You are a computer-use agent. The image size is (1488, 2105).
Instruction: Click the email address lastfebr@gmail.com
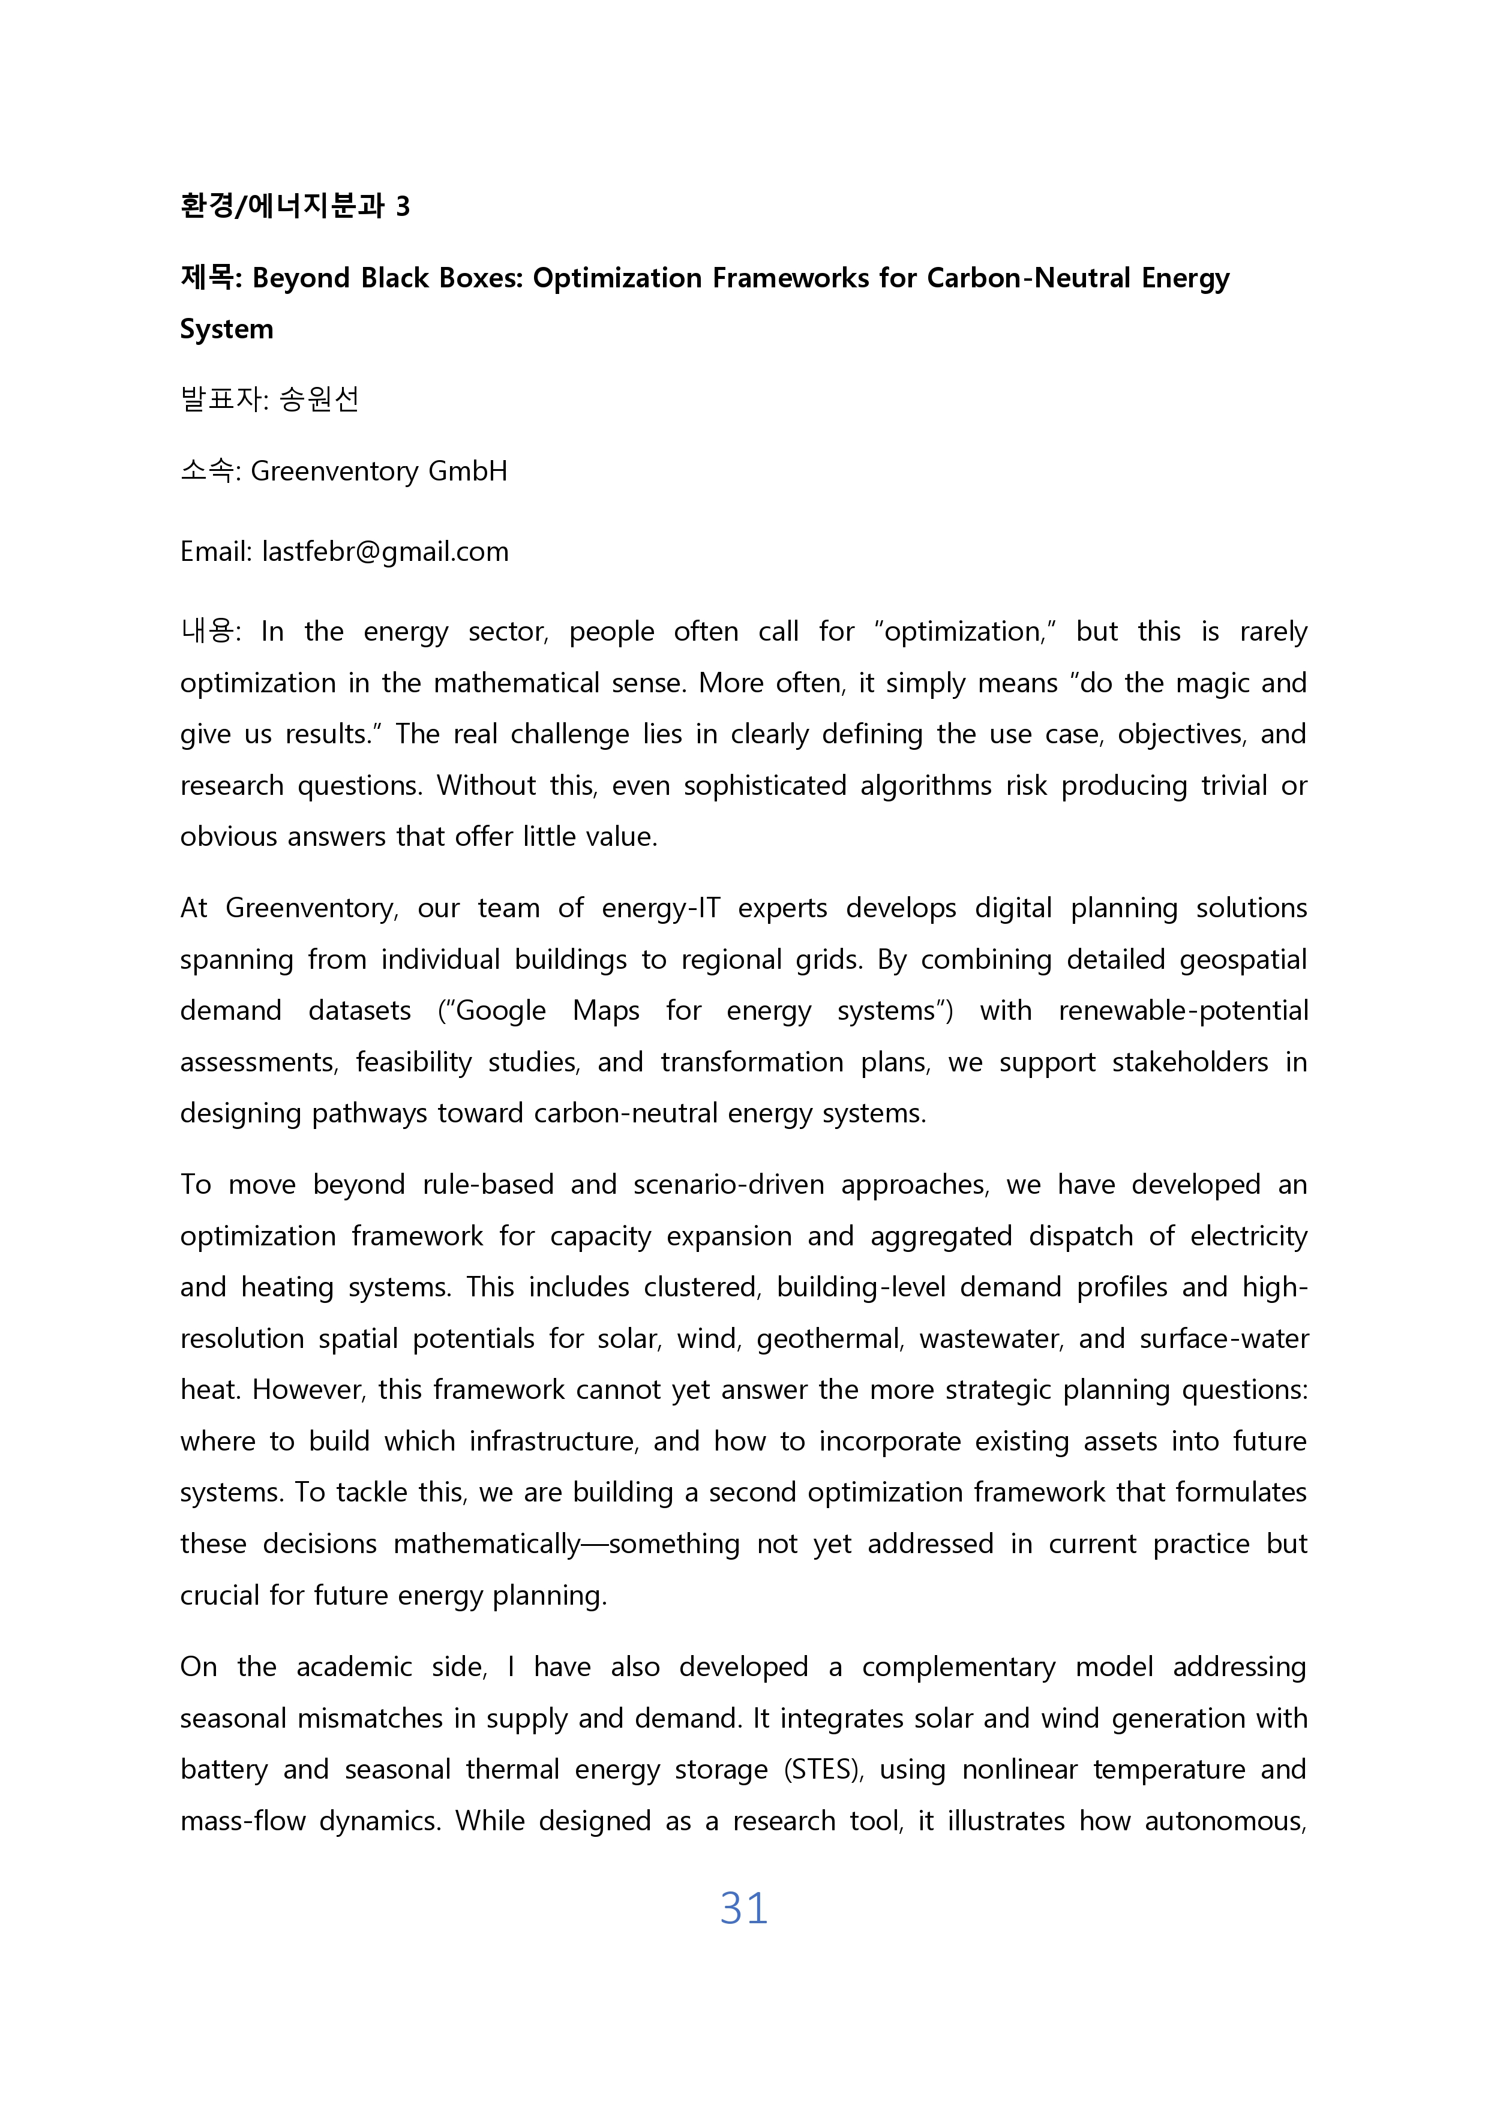[385, 551]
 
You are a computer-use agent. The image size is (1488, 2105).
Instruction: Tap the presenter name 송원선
[319, 399]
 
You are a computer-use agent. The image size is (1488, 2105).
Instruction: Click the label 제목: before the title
[211, 277]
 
